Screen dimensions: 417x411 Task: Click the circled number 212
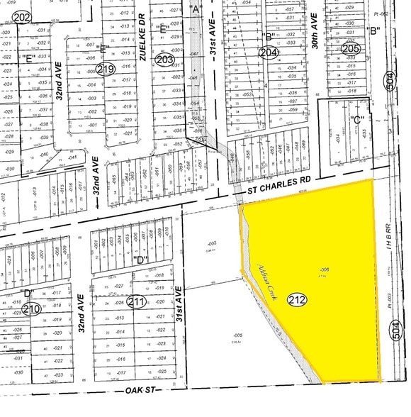(x=298, y=300)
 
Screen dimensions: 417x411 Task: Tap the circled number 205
(x=351, y=49)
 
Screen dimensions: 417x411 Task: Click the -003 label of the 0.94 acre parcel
(x=210, y=243)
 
